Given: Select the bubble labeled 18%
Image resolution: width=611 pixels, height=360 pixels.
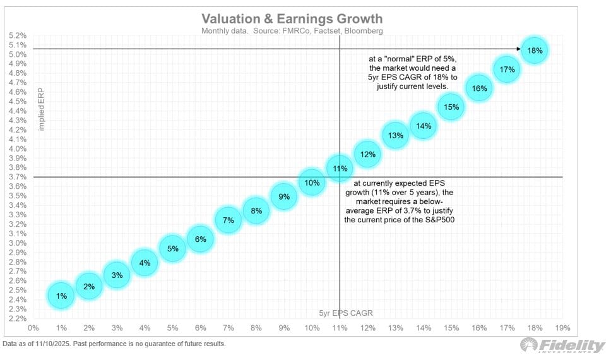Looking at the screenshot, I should pyautogui.click(x=535, y=51).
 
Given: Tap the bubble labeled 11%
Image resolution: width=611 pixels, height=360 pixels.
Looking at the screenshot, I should pyautogui.click(x=340, y=169).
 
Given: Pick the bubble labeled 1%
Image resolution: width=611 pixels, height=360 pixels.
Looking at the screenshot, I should pyautogui.click(x=61, y=296).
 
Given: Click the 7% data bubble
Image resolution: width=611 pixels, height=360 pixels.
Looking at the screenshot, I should pyautogui.click(x=228, y=220).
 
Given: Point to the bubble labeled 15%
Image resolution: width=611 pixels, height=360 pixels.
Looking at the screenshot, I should pyautogui.click(x=451, y=107).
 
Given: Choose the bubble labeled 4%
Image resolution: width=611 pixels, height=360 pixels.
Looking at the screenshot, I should pyautogui.click(x=145, y=263).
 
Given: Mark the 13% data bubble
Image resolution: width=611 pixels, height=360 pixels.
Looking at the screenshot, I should pyautogui.click(x=396, y=135).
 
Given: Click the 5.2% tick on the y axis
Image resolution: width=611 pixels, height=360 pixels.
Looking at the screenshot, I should pyautogui.click(x=18, y=35).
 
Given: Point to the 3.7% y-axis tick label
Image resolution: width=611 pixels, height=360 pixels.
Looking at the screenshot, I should pyautogui.click(x=18, y=177).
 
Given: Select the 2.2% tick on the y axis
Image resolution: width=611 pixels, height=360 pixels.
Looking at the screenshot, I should pyautogui.click(x=18, y=318).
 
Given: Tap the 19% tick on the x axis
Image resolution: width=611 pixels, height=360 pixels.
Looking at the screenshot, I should pyautogui.click(x=562, y=328).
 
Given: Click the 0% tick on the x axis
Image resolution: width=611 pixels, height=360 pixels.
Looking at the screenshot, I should pyautogui.click(x=33, y=328).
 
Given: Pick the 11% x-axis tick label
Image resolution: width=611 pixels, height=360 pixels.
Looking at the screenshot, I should pyautogui.click(x=340, y=328).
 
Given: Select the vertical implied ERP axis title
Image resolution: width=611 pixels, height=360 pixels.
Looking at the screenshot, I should pyautogui.click(x=42, y=109).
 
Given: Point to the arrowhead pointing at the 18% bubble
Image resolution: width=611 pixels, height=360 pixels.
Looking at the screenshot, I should pyautogui.click(x=518, y=49).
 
